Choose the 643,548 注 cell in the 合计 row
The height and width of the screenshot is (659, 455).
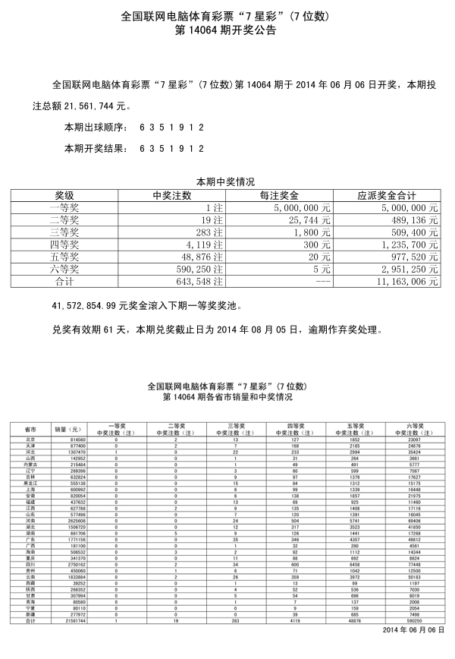coord(202,281)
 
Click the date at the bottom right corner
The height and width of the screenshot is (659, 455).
coord(409,630)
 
